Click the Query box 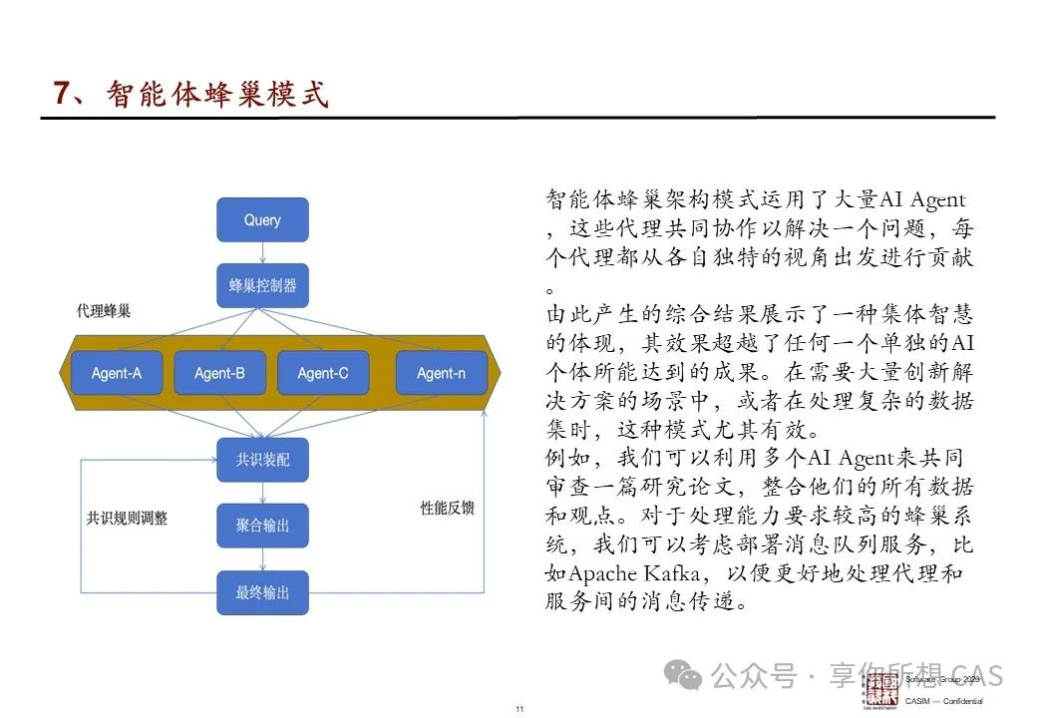pos(262,219)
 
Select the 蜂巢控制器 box pos(262,285)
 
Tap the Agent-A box pos(117,373)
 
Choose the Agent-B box pos(219,373)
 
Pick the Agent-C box pos(323,373)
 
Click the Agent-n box pos(441,373)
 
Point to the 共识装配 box pos(262,460)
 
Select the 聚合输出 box pos(262,526)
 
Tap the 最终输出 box pos(262,592)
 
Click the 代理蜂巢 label pos(103,311)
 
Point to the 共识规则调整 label pos(127,519)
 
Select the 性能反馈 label pos(447,508)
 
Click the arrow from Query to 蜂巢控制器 pos(262,252)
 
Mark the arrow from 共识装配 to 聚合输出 pos(262,493)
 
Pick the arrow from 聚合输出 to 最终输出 pos(262,559)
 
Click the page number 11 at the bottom pos(519,709)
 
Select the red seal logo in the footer pos(880,689)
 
